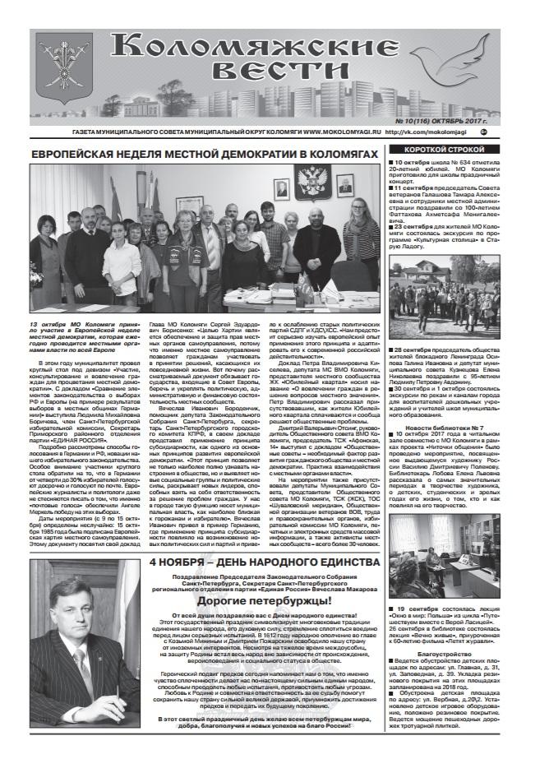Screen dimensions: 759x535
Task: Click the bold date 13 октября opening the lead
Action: [51, 326]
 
